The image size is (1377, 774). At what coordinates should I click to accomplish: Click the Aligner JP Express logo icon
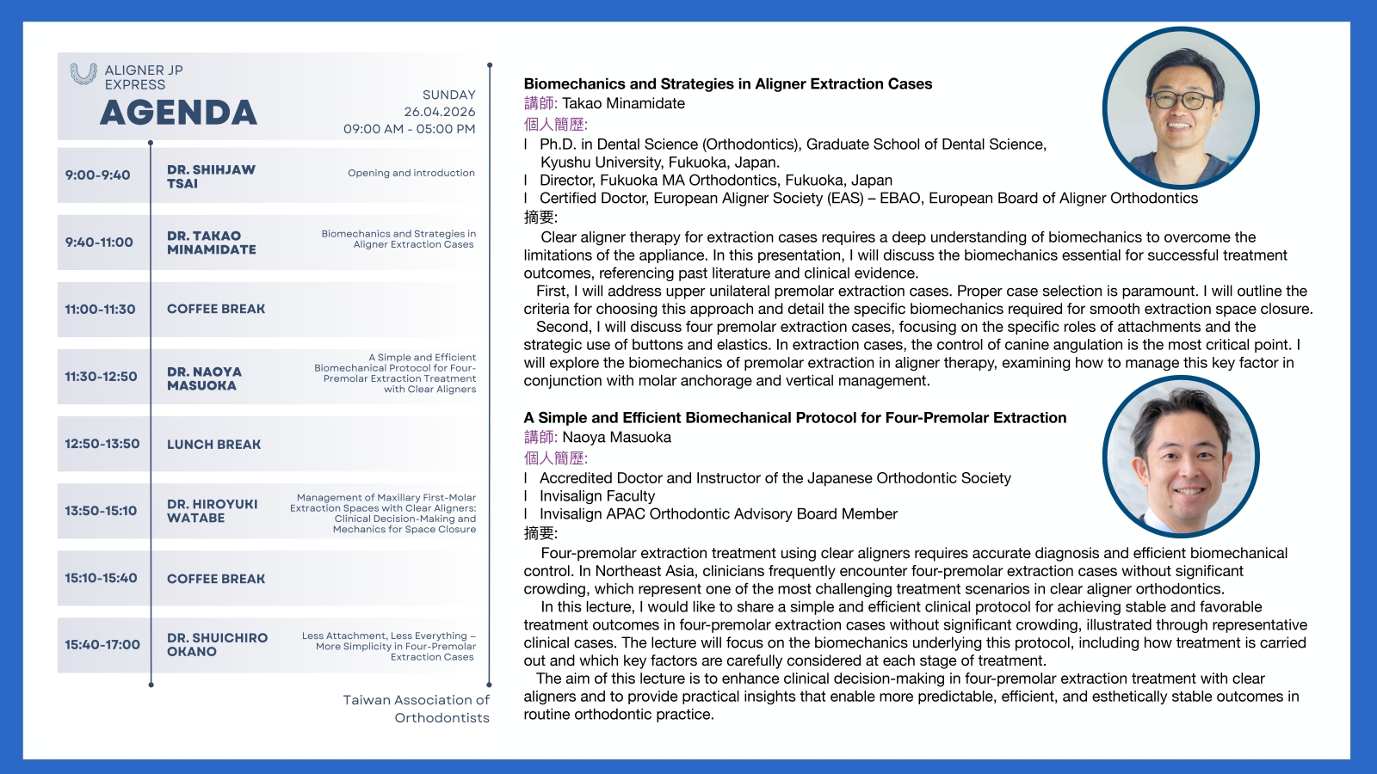coord(83,74)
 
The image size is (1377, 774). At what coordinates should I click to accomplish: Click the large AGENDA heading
coord(178,113)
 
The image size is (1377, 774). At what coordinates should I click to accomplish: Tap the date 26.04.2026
coord(439,112)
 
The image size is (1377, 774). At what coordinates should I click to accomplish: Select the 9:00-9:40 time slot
coord(98,175)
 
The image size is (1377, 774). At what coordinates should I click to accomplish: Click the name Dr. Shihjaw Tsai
coord(211,176)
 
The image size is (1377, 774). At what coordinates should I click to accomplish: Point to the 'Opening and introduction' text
coord(411,173)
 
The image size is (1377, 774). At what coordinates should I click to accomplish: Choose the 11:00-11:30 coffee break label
coord(216,309)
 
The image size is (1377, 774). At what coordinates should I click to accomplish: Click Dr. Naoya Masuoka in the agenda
coord(204,378)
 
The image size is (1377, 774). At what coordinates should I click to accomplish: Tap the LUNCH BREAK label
coord(213,445)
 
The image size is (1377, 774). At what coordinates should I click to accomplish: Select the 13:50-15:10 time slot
coord(101,511)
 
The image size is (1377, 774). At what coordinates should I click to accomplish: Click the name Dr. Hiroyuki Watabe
coord(212,511)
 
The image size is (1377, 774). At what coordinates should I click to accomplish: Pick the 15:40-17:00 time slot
coord(102,645)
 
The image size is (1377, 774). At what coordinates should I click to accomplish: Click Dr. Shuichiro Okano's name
coord(217,645)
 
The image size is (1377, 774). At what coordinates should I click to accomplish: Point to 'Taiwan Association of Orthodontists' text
coord(416,709)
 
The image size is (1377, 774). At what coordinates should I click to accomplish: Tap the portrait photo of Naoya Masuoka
coord(1181,457)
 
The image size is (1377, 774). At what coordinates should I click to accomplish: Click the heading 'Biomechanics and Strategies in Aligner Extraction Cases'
coord(727,84)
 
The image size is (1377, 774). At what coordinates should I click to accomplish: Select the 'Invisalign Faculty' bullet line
coord(596,496)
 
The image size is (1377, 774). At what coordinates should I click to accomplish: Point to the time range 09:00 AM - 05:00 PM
coord(409,129)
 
